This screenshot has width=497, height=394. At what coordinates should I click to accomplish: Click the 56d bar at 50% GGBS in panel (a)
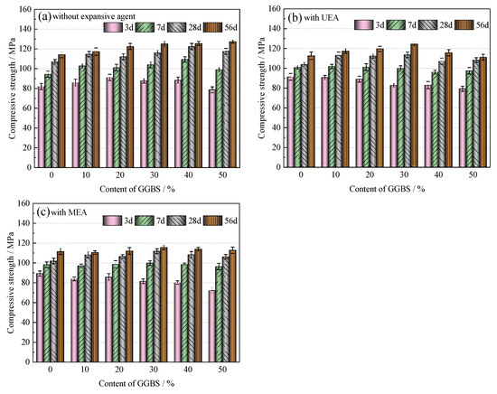(232, 104)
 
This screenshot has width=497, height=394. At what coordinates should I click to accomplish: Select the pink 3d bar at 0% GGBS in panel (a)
(42, 127)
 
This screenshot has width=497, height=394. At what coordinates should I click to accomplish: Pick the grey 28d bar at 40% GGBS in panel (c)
(191, 308)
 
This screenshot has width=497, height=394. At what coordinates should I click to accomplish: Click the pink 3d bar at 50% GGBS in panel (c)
(212, 326)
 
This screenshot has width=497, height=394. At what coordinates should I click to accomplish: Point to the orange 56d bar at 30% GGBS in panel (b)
(414, 106)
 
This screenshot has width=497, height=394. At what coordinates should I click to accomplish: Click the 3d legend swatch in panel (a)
(113, 28)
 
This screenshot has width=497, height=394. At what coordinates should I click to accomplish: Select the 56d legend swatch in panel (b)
(464, 24)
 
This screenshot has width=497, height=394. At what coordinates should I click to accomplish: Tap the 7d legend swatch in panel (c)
(145, 220)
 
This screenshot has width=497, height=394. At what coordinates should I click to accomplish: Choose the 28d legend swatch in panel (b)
(427, 24)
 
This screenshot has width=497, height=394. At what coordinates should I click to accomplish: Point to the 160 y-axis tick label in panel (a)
(25, 10)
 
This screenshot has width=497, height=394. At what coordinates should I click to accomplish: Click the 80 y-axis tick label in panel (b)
(277, 89)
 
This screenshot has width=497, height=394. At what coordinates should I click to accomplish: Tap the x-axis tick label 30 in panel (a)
(154, 175)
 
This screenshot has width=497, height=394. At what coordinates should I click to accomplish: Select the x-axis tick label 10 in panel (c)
(85, 370)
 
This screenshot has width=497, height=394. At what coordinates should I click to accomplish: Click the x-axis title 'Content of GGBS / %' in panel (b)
(387, 189)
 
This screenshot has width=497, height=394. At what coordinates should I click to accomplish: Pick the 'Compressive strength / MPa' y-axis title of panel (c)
(11, 283)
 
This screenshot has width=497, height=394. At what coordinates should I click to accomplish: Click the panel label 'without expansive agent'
(94, 16)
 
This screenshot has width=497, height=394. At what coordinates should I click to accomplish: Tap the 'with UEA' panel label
(321, 18)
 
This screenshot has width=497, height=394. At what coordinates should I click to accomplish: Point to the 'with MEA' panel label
(69, 212)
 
